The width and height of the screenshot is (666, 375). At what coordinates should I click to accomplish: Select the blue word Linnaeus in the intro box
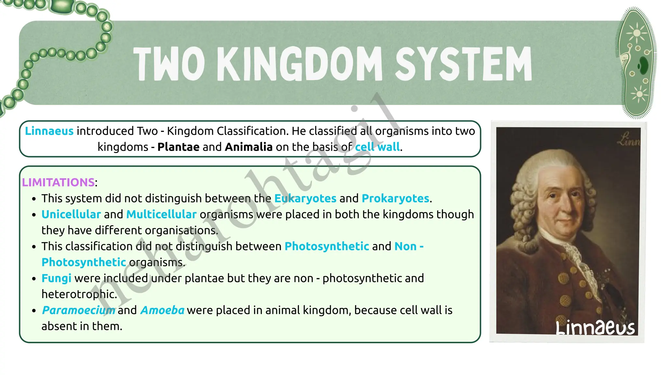49,131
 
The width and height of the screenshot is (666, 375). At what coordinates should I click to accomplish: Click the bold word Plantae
178,147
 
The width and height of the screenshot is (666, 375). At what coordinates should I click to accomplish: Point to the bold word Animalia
248,147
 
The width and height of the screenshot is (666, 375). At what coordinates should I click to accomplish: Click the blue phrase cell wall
377,147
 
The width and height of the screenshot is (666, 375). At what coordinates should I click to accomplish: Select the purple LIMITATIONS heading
58,182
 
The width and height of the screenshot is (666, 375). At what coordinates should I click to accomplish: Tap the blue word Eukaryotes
305,198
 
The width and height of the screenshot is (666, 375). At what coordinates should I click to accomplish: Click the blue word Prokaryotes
395,198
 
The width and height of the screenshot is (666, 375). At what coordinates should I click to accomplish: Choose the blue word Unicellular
71,214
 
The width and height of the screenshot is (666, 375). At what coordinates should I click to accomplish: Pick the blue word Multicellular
161,214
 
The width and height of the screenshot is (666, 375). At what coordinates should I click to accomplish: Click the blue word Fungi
56,278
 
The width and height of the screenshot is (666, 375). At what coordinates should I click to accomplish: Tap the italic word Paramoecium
78,310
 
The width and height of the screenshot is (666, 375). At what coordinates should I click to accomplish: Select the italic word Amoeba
162,310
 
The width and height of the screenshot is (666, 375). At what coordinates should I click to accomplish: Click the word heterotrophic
79,294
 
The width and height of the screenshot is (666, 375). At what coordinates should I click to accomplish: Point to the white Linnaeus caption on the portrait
595,327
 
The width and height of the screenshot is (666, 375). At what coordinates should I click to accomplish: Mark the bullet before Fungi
34,279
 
